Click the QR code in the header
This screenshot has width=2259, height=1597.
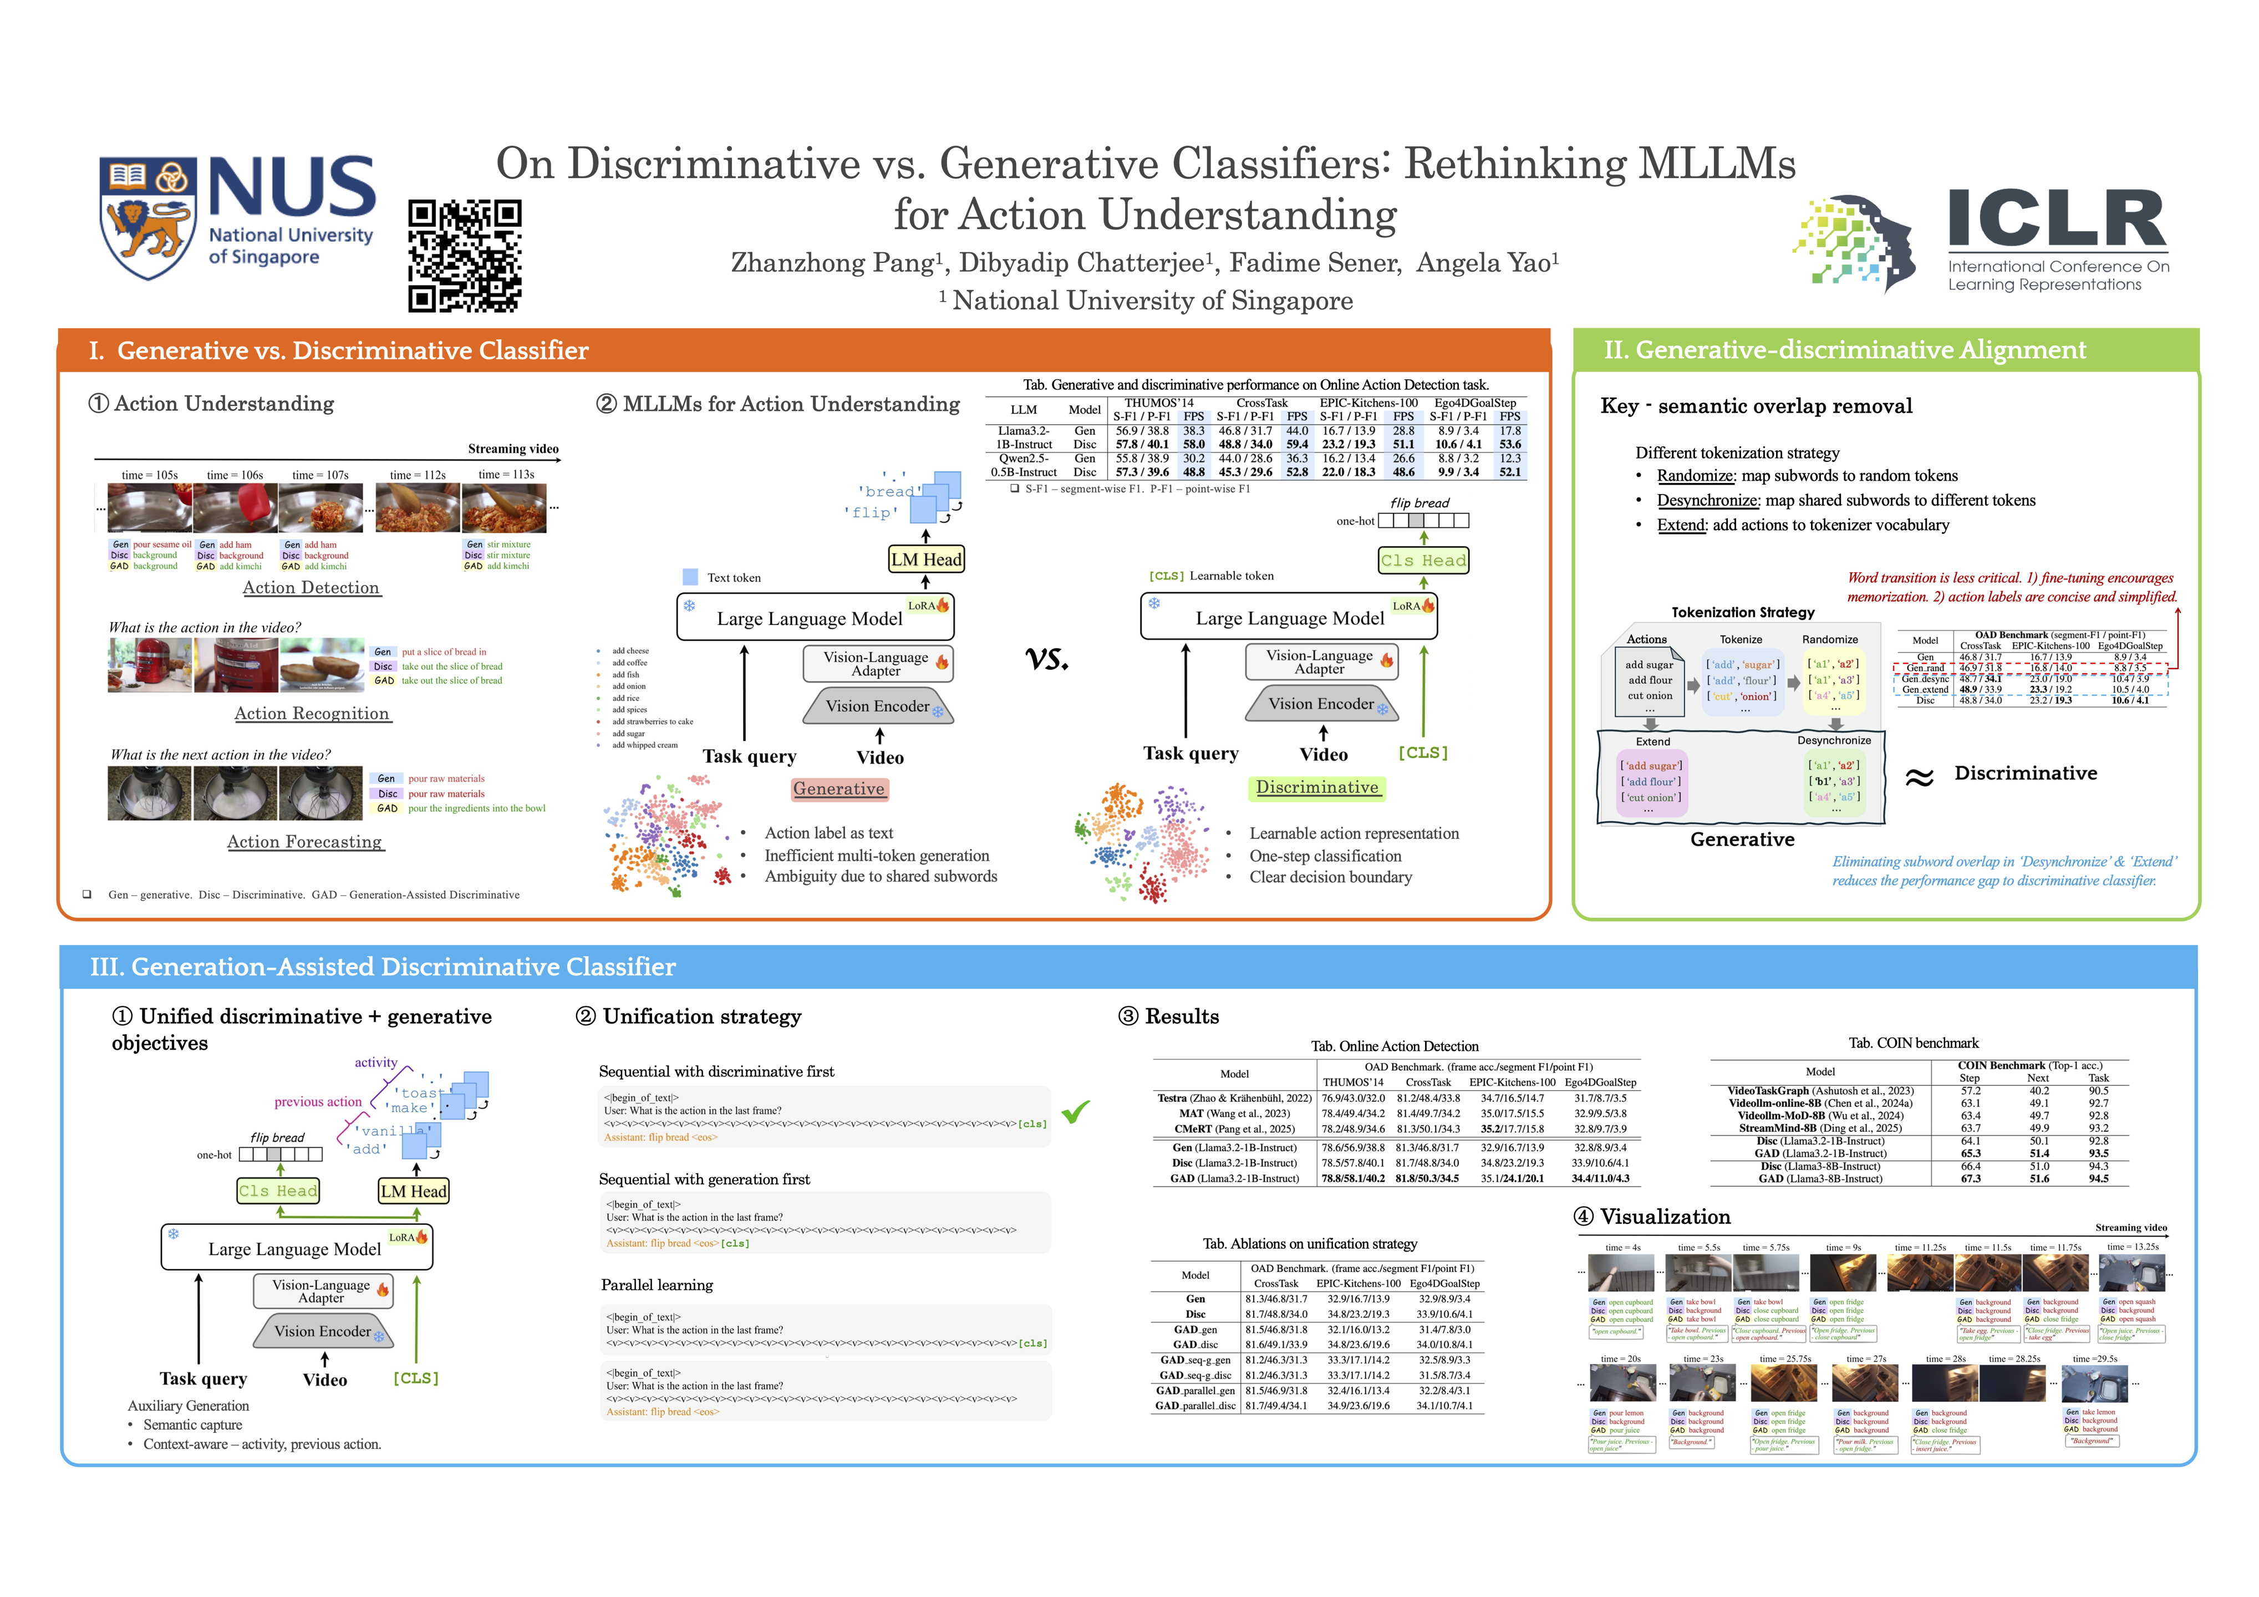(465, 256)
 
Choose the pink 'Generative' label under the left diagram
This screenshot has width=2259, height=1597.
(840, 789)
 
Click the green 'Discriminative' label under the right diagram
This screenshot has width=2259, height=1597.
(1317, 787)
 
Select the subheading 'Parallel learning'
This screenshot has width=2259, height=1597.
(657, 1285)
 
